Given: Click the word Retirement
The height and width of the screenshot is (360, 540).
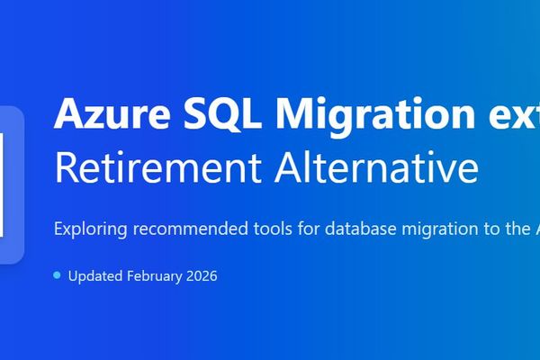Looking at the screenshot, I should click(x=148, y=167).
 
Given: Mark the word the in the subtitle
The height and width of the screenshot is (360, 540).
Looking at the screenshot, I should click(x=508, y=229).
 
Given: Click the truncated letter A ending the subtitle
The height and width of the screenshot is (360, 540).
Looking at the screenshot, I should click(x=534, y=229).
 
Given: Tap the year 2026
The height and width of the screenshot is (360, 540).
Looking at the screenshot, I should click(x=201, y=275).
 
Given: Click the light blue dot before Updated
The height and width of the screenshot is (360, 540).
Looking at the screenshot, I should click(x=57, y=274).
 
